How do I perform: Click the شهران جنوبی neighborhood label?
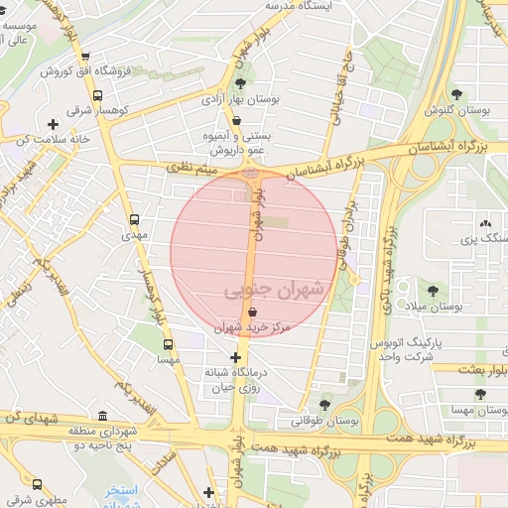click(275, 291)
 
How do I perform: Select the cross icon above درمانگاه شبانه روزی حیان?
click(235, 357)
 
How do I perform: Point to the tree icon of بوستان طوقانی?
click(325, 404)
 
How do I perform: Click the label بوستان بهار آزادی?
click(271, 99)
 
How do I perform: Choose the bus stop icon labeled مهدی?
click(135, 220)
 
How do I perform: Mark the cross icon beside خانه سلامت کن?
click(53, 124)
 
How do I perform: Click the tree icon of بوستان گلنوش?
click(456, 94)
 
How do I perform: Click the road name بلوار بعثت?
click(483, 369)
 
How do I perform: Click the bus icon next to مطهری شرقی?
click(38, 485)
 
